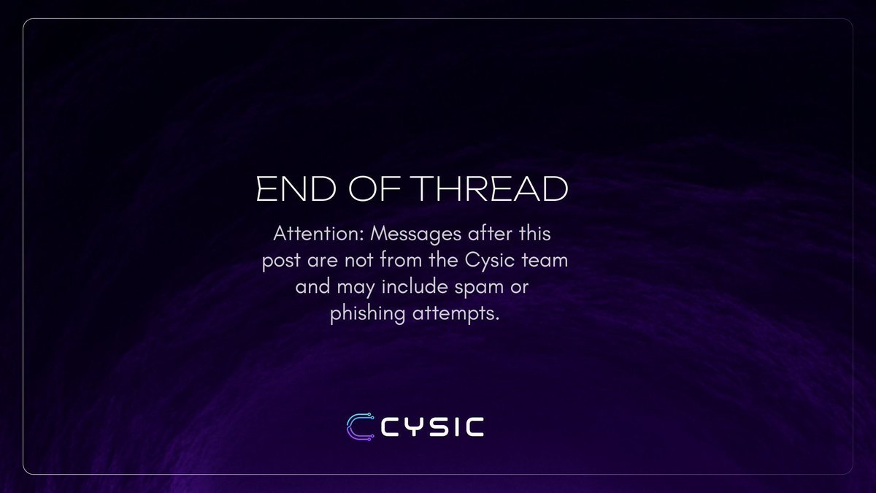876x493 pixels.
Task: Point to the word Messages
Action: click(400, 236)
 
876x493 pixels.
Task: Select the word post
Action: click(278, 261)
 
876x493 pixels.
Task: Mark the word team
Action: click(545, 261)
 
